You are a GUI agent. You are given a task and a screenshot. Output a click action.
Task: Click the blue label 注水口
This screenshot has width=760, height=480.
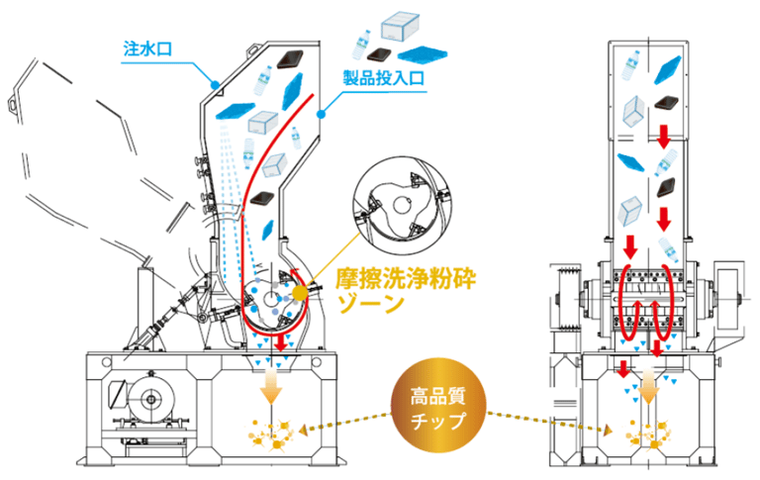(147, 48)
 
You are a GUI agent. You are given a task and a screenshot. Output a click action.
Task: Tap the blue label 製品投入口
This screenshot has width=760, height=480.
(383, 78)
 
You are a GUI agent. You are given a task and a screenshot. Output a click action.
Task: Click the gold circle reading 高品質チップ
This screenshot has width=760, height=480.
(438, 406)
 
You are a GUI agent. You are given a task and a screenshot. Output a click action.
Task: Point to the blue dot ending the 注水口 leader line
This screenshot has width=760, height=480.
(214, 85)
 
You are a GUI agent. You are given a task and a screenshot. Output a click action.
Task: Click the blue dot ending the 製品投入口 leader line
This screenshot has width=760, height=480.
(321, 115)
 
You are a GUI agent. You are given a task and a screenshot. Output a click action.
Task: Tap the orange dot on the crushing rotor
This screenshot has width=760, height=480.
(300, 293)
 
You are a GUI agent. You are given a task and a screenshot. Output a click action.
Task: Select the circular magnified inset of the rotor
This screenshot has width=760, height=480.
(402, 205)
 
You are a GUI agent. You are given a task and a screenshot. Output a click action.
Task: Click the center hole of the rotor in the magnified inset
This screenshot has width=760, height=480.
(402, 205)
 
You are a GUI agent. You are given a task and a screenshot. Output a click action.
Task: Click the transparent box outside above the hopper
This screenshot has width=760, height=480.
(400, 26)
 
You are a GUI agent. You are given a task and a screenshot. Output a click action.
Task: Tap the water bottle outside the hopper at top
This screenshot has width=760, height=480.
(361, 46)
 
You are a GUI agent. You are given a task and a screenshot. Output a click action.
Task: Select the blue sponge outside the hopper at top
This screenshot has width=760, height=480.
(423, 53)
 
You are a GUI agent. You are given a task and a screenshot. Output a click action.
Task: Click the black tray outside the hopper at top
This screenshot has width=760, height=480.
(380, 54)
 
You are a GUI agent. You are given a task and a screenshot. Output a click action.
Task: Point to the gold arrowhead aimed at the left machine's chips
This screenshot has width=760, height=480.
(303, 431)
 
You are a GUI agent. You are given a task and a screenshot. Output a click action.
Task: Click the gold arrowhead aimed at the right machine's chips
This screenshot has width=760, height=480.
(608, 430)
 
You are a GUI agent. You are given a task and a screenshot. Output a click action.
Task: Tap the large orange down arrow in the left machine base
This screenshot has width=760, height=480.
(271, 387)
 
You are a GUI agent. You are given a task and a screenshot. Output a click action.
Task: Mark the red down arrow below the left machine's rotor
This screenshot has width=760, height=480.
(280, 341)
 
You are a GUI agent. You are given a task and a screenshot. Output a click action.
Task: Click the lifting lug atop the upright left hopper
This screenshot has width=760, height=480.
(254, 48)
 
